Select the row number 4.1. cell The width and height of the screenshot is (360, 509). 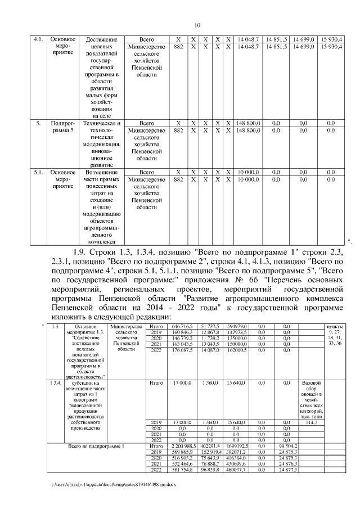pos(39,39)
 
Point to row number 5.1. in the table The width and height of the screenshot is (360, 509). pos(39,172)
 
